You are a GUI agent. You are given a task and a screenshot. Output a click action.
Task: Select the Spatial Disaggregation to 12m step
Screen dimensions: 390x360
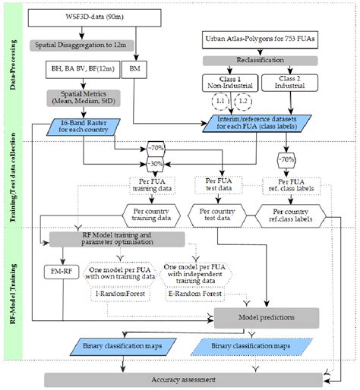[85, 46]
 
